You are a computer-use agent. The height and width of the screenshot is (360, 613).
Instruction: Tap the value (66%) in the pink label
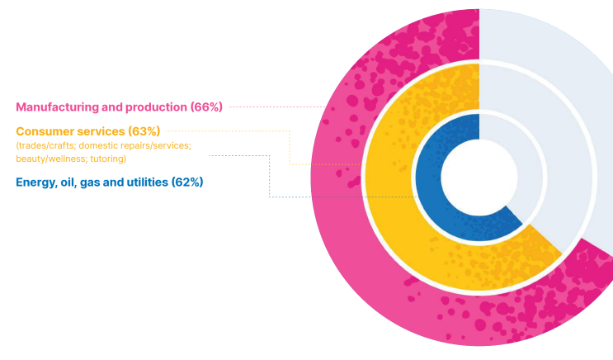click(205, 107)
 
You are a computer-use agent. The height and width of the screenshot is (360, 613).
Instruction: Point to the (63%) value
click(144, 131)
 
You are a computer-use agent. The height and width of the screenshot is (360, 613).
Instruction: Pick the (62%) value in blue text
click(186, 182)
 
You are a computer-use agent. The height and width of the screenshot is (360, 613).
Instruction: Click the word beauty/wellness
click(50, 158)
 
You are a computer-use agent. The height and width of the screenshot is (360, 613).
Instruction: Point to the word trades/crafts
click(45, 145)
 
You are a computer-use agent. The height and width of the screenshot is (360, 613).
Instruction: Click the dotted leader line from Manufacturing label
click(276, 107)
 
